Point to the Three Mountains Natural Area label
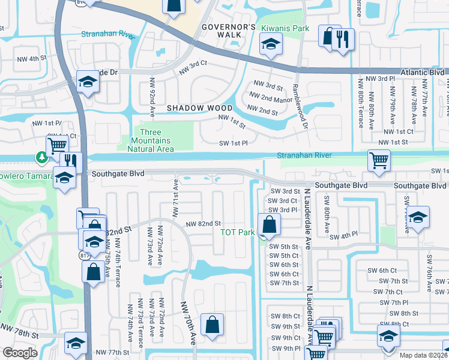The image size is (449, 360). coord(156,140)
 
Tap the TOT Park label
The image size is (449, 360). coord(238,232)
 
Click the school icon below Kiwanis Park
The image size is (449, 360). coord(271,44)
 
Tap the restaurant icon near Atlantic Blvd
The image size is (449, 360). coord(343,38)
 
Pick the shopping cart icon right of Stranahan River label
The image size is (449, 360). coord(379,161)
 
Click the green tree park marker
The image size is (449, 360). coord(41,158)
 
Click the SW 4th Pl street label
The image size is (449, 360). coord(346,234)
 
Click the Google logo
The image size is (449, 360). coord(20,353)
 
